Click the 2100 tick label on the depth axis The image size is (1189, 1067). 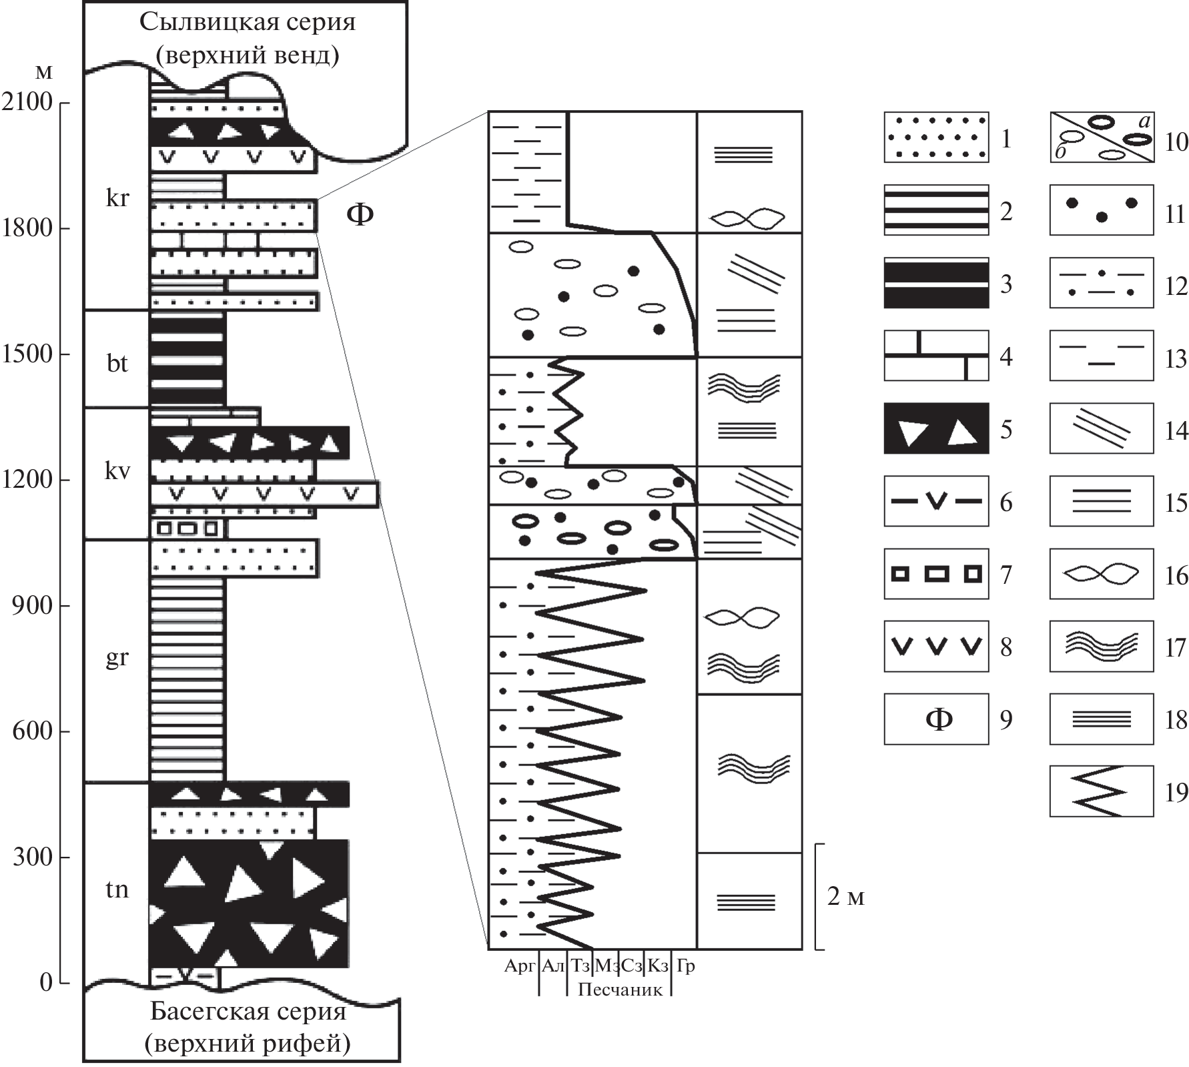(x=27, y=102)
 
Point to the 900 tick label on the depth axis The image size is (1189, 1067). (x=32, y=605)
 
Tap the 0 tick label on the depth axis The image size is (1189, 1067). (x=46, y=982)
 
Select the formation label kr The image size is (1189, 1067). (x=117, y=198)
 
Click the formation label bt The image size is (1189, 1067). (x=117, y=364)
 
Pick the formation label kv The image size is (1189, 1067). (x=117, y=471)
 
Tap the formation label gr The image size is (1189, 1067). (x=117, y=659)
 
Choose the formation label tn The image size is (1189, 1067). (x=117, y=890)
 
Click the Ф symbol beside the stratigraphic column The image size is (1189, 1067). (x=360, y=215)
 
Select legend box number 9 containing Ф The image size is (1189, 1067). (x=936, y=719)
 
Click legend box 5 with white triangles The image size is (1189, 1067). (x=936, y=428)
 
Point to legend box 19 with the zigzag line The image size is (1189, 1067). (x=1101, y=791)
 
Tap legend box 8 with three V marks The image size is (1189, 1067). (x=936, y=646)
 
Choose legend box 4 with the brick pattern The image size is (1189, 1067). (x=936, y=356)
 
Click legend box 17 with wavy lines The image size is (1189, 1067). (x=1101, y=646)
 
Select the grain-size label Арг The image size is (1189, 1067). (x=520, y=966)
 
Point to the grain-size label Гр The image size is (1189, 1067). (x=686, y=966)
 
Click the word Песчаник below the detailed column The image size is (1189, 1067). (x=620, y=989)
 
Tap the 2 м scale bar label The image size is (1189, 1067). (x=845, y=898)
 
